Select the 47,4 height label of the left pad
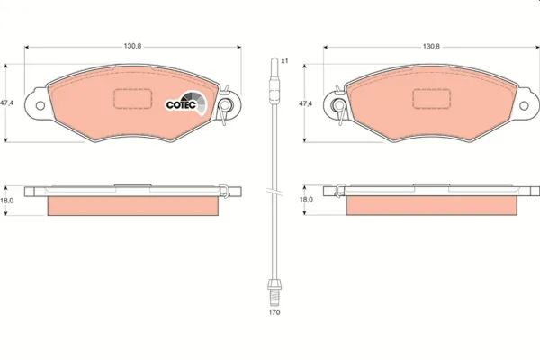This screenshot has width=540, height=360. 8,103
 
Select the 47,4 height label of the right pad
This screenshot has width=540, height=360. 305,103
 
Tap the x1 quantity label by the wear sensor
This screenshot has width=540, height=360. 284,60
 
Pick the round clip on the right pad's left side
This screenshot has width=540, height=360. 339,105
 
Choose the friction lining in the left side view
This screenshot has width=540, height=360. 133,206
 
